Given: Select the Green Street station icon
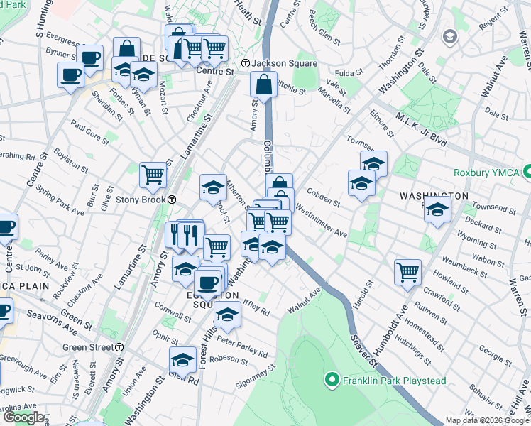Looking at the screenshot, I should click(x=120, y=347).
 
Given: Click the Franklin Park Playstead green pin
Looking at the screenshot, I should click(x=329, y=381).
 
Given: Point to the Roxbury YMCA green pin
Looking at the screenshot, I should click(x=527, y=171).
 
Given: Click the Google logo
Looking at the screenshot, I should click(x=23, y=417).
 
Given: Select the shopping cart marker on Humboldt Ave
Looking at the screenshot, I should click(x=407, y=271).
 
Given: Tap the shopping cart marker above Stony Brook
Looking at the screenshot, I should click(x=153, y=174).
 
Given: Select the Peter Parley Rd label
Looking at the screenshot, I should click(x=242, y=347).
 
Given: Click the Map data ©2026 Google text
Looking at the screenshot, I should click(x=487, y=420).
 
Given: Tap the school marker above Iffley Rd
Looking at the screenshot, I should click(x=227, y=315).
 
